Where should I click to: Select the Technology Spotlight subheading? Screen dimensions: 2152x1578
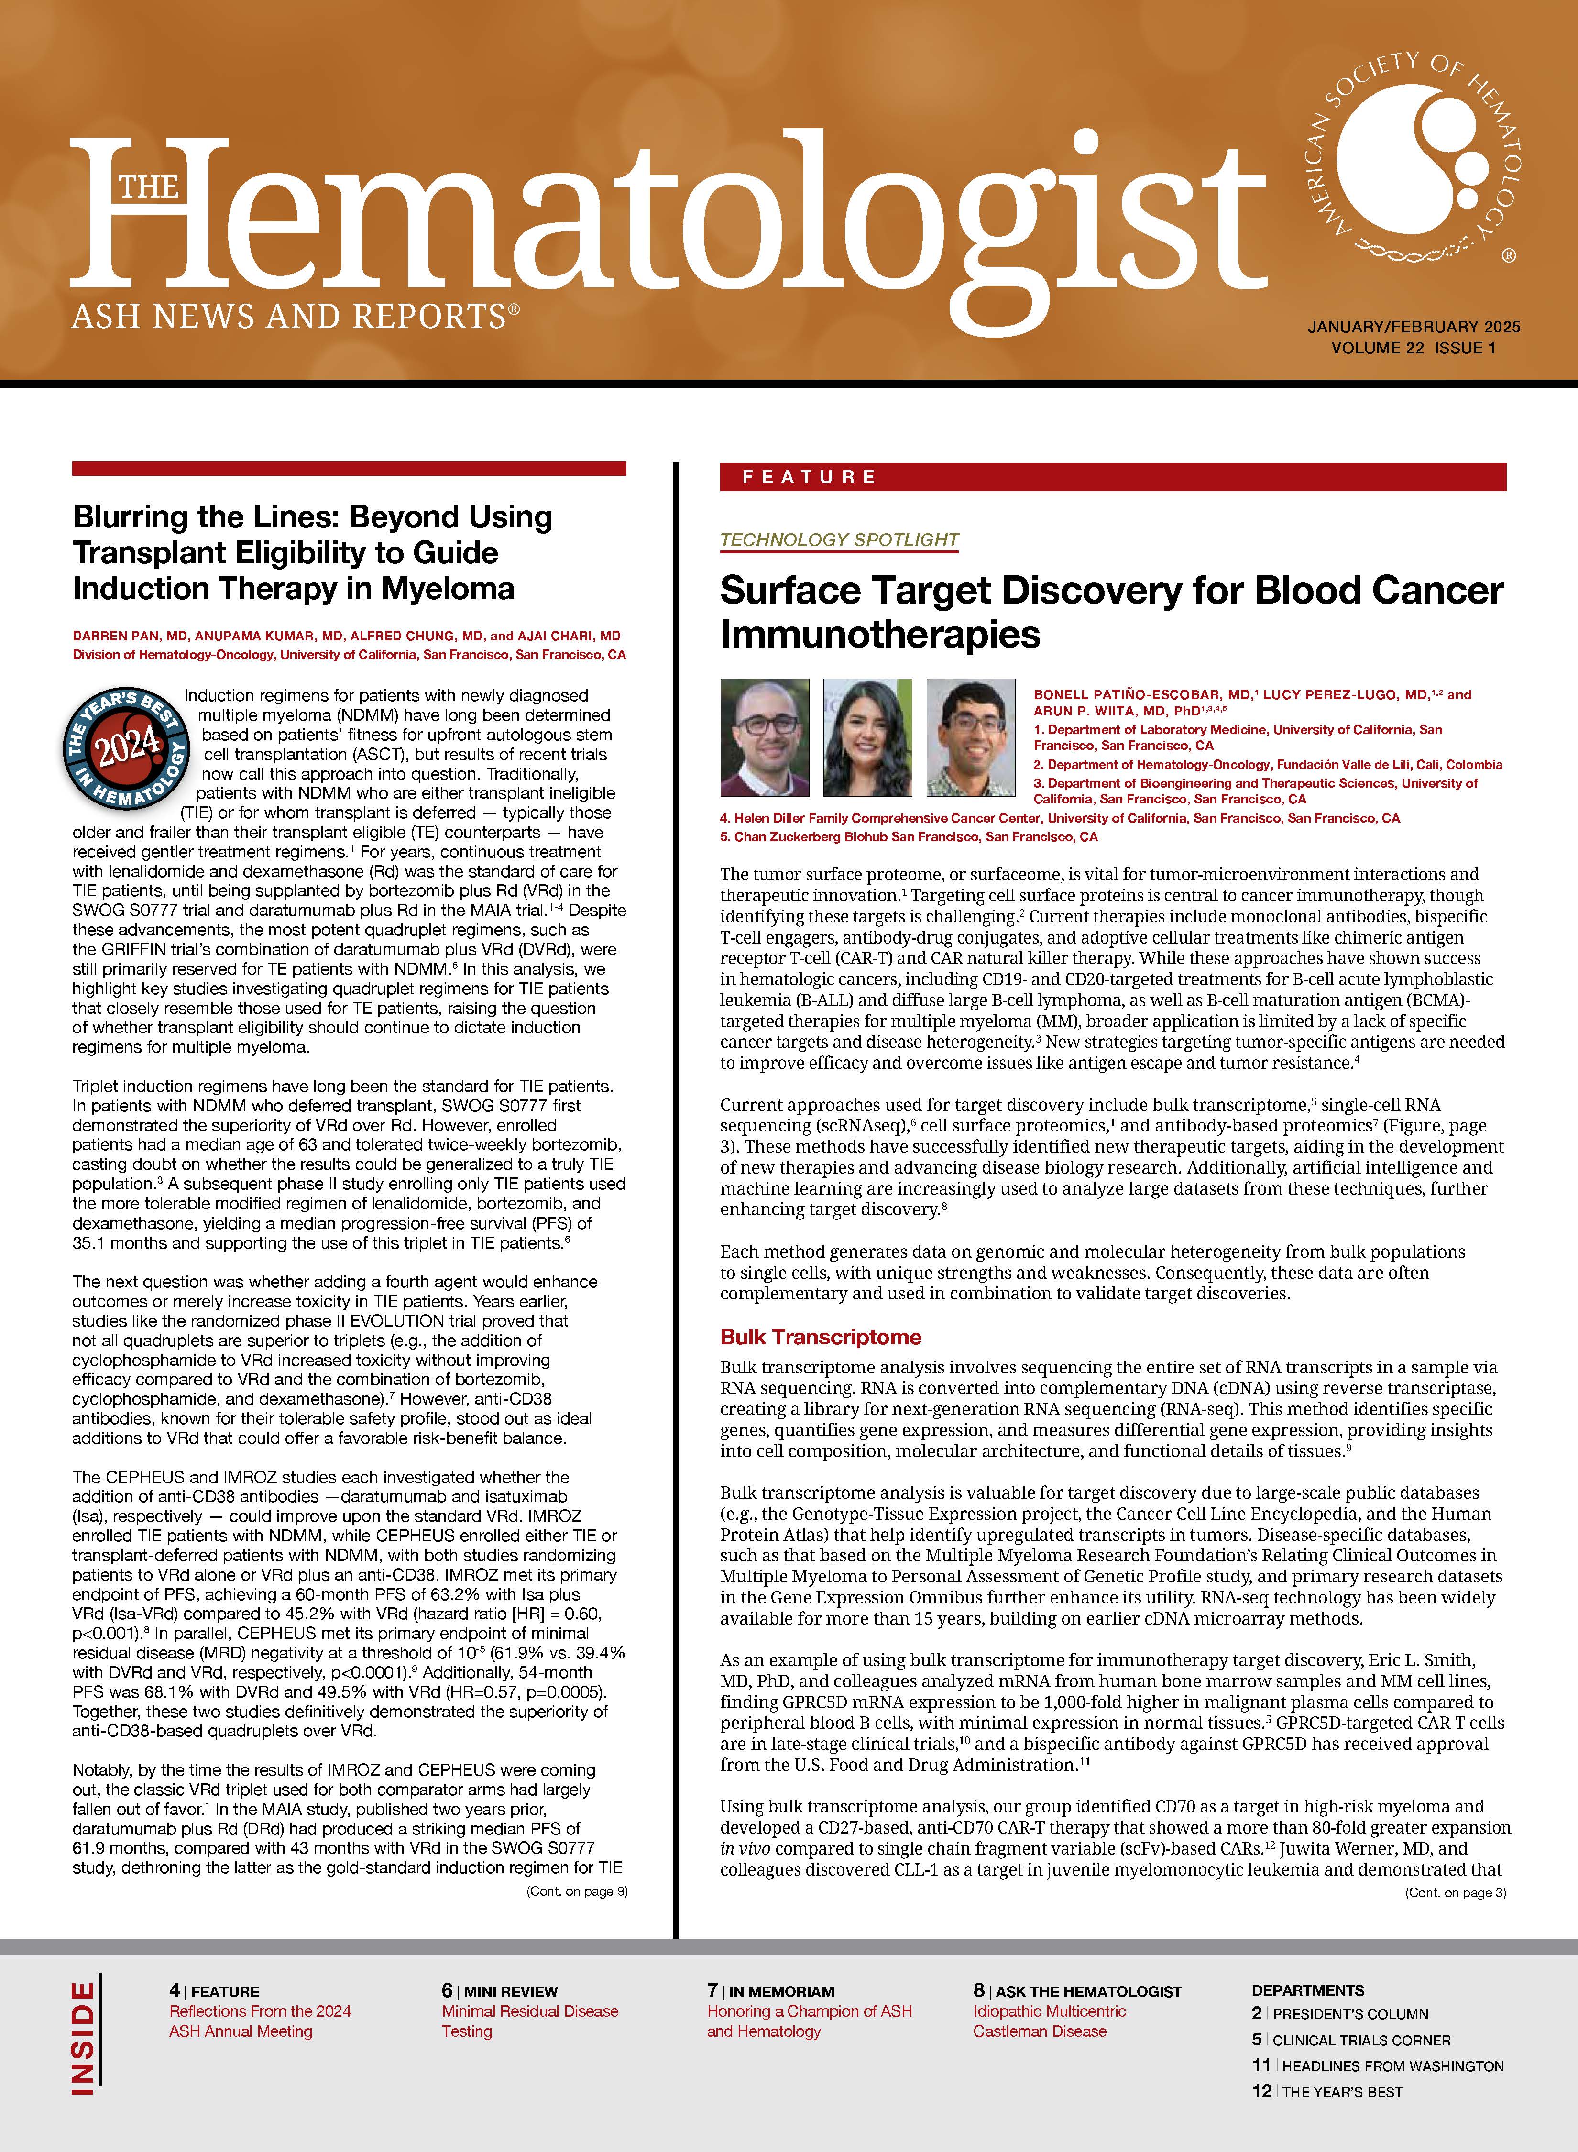(x=839, y=539)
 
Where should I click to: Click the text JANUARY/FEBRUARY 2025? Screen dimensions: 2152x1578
(x=1414, y=327)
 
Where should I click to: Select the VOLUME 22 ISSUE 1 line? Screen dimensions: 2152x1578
(x=1414, y=348)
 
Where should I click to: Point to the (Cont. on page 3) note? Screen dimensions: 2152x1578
(x=1455, y=1892)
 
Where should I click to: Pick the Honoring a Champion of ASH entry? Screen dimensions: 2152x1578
(x=809, y=2020)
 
